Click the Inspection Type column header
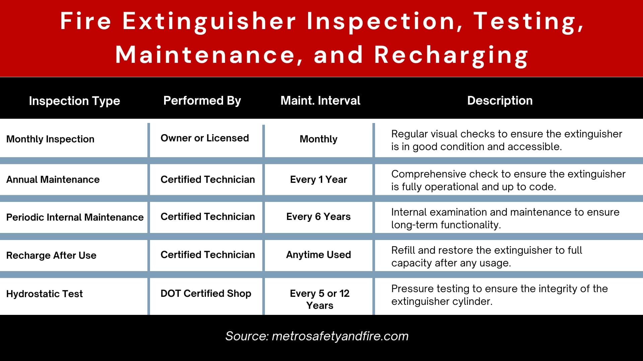click(74, 101)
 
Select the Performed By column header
click(202, 101)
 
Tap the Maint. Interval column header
click(320, 100)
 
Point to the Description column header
click(500, 101)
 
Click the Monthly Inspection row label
click(50, 139)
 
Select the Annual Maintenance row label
click(53, 179)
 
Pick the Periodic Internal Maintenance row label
click(75, 217)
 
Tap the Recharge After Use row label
click(51, 255)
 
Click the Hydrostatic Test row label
click(45, 294)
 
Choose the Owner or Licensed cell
click(205, 138)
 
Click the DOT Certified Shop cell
click(206, 293)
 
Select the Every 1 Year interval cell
click(318, 179)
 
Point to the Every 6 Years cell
click(318, 217)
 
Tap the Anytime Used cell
click(318, 255)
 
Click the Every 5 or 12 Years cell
click(320, 299)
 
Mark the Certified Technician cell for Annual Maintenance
click(208, 179)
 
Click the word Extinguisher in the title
click(209, 21)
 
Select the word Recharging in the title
click(451, 55)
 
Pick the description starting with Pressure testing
click(499, 295)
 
